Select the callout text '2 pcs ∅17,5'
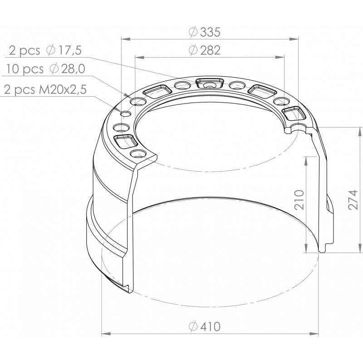[45, 50]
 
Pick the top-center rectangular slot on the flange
[209, 83]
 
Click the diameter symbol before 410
[191, 326]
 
